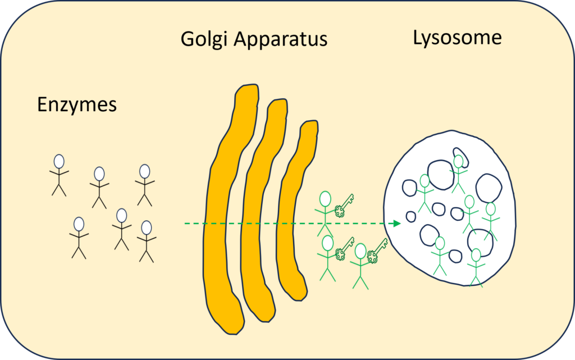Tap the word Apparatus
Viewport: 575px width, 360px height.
tap(281, 39)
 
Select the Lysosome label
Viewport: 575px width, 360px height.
tap(457, 38)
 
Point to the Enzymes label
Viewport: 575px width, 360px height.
tap(77, 105)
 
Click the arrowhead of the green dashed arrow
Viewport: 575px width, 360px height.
tap(397, 224)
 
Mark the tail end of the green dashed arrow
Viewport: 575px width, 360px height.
tap(185, 224)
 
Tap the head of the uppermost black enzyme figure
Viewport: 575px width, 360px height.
tap(59, 161)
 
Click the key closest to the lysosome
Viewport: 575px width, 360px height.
tap(377, 250)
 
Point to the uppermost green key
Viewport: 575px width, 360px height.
tap(344, 206)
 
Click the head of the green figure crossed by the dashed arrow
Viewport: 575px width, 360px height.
tap(325, 199)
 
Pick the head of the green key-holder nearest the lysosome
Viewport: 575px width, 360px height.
tap(360, 251)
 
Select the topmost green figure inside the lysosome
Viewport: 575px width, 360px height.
tap(458, 174)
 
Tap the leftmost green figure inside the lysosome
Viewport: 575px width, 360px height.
tap(425, 193)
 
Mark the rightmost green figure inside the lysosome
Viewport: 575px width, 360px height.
tap(491, 221)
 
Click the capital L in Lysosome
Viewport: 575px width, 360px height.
tap(417, 38)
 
